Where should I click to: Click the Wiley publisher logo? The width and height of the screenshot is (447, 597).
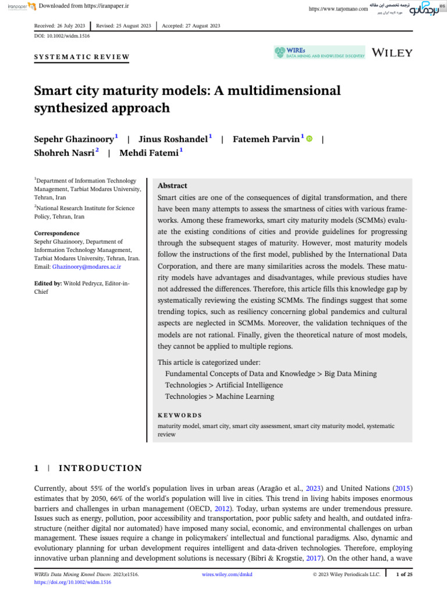392,52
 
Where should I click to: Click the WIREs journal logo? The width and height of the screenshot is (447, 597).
320,52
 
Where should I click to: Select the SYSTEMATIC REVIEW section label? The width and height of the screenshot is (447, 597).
81,57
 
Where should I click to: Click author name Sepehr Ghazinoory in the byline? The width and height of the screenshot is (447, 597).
74,139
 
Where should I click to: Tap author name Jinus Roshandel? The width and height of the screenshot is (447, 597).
173,139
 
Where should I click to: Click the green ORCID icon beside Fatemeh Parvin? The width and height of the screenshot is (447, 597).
309,139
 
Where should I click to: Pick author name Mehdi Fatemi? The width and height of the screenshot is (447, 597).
150,153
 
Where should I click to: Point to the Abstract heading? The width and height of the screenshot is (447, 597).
172,185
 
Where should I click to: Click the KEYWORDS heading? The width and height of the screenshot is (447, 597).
180,415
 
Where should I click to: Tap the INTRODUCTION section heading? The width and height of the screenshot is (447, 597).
100,468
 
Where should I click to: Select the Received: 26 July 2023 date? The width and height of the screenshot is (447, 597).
61,26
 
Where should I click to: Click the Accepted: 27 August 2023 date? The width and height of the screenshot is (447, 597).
191,26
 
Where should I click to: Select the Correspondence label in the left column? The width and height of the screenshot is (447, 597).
56,233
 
